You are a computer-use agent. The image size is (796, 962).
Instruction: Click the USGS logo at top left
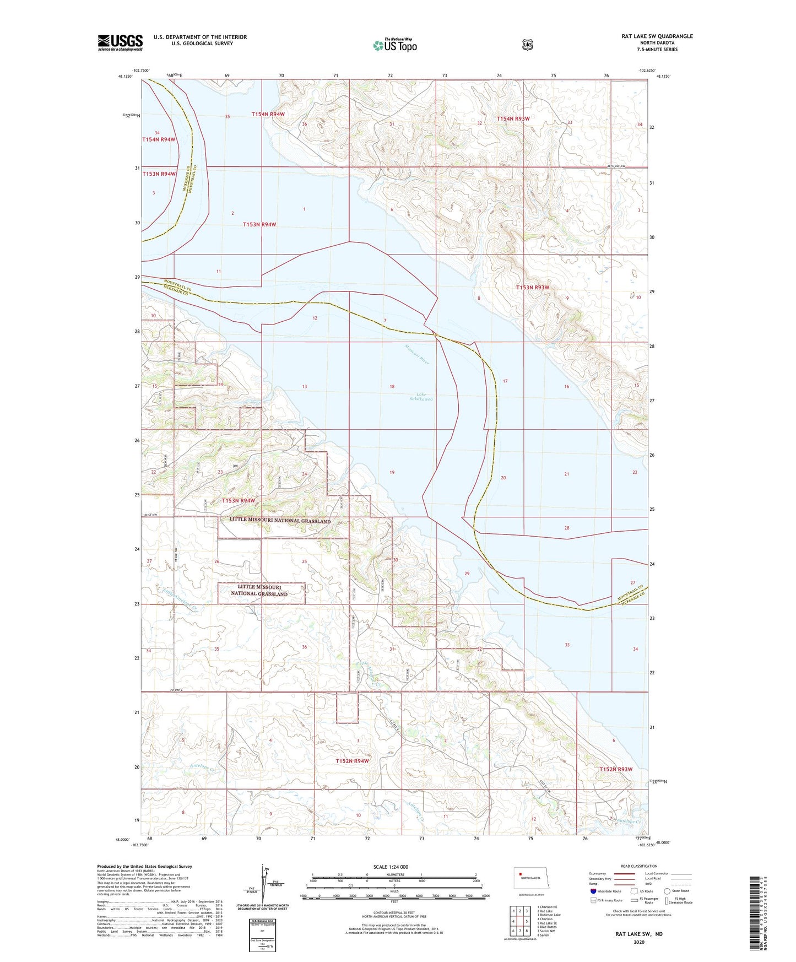[x=120, y=42]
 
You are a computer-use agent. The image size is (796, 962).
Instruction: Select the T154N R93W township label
[x=513, y=118]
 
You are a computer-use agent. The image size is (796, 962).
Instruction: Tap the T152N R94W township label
[x=352, y=761]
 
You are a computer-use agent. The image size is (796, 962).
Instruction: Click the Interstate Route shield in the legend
[x=593, y=891]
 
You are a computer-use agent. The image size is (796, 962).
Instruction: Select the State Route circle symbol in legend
[x=667, y=891]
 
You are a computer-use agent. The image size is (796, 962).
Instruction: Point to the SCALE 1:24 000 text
[x=391, y=867]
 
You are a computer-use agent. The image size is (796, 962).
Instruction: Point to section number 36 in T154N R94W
[x=304, y=124]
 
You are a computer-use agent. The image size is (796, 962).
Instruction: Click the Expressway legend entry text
[x=598, y=873]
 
